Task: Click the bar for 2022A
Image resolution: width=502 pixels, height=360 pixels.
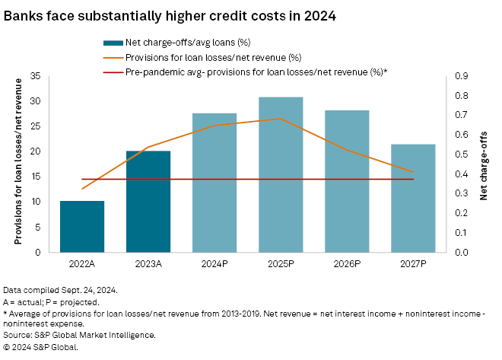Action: (x=82, y=226)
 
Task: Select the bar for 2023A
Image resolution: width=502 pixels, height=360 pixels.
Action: (x=148, y=201)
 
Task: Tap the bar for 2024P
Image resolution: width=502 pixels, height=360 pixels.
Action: (x=214, y=183)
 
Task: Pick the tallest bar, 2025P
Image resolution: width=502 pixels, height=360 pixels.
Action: (x=281, y=174)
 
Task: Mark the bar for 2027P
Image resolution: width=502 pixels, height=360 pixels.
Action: (x=413, y=198)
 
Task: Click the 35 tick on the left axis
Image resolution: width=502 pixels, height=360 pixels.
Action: (x=35, y=76)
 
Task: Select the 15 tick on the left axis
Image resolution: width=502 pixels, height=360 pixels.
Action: (x=35, y=177)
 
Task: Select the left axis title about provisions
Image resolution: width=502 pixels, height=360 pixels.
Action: (x=18, y=164)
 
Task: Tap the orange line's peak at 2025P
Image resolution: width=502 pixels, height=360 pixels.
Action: (x=281, y=119)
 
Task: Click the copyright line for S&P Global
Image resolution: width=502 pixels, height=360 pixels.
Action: (x=41, y=346)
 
